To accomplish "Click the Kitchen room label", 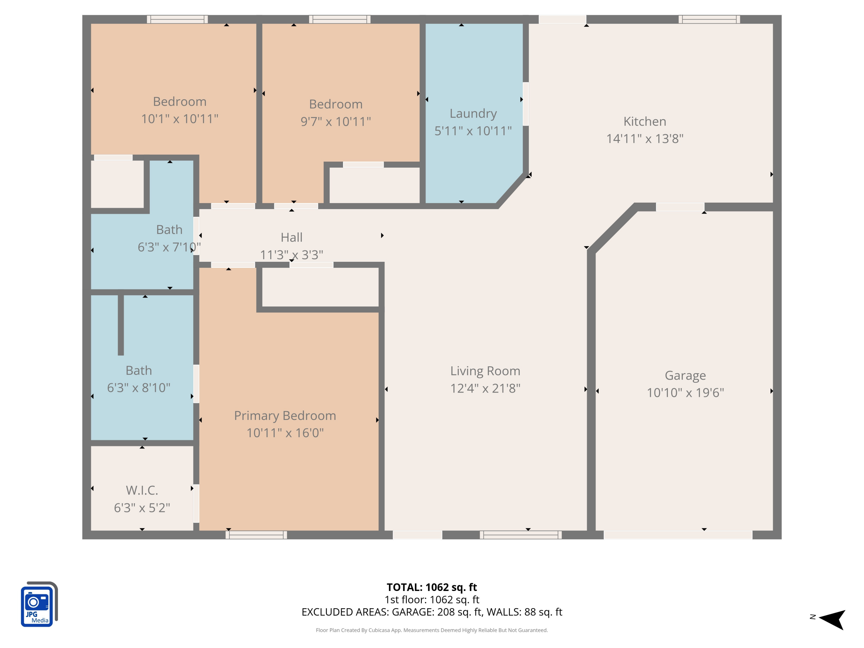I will click(645, 122).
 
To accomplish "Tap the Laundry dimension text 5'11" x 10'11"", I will click(473, 131).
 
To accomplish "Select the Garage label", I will click(685, 375).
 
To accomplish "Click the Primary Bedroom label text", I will click(285, 416).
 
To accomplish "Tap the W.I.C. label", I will click(142, 490).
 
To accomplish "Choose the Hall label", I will click(291, 237).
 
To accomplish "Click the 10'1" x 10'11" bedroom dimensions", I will click(180, 119).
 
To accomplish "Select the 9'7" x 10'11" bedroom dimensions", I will click(336, 122).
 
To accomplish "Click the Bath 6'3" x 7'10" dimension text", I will click(169, 247).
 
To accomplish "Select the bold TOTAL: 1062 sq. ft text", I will click(432, 587).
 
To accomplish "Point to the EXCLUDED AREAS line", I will click(432, 612).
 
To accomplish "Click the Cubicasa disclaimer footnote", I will click(432, 630).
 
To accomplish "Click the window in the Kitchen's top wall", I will click(709, 19).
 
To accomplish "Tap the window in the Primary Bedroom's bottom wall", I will click(256, 535).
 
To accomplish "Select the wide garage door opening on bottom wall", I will click(678, 535).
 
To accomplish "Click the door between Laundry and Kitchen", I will click(526, 104).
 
